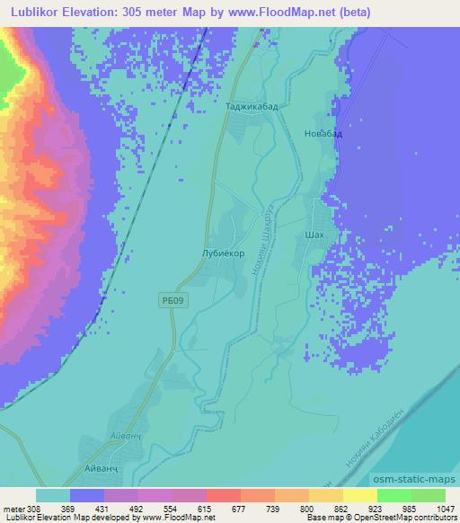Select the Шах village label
pyautogui.click(x=314, y=235)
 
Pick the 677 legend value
pyautogui.click(x=214, y=508)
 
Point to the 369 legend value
pyautogui.click(x=78, y=508)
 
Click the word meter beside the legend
pyautogui.click(x=13, y=508)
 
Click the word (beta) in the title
pyautogui.click(x=338, y=13)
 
